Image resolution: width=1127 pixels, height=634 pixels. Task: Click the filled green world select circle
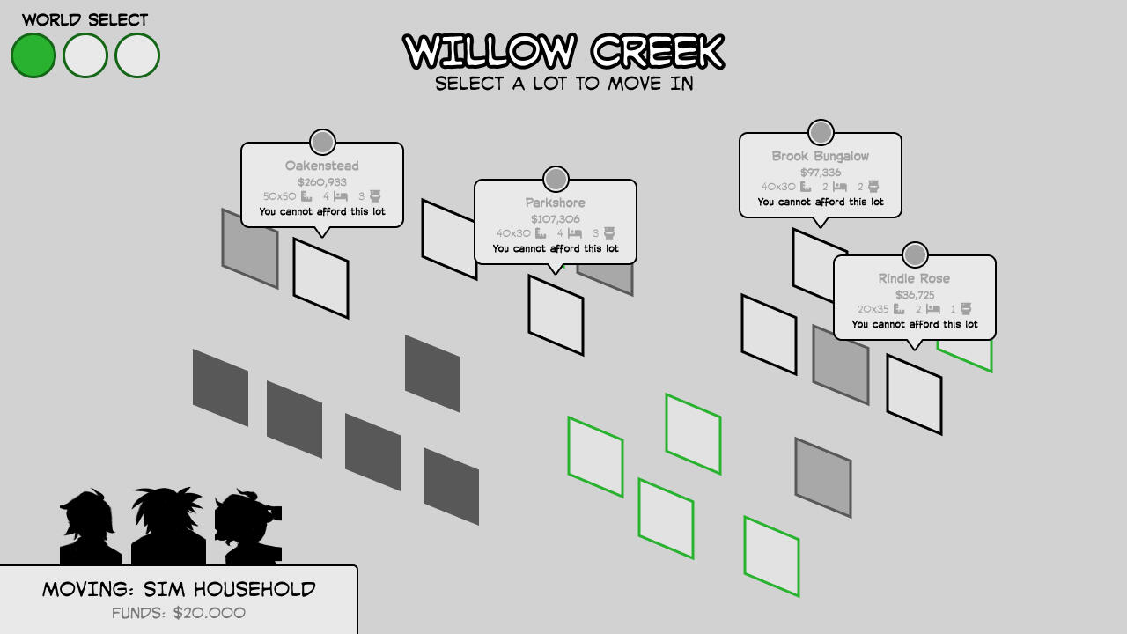(33, 55)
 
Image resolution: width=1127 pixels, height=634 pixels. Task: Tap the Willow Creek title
(563, 51)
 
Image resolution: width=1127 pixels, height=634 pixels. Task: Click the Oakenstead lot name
(322, 166)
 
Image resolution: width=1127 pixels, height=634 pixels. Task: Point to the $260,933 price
(322, 182)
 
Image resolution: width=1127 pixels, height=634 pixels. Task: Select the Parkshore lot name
(556, 203)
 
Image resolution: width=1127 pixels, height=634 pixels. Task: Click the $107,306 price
(556, 219)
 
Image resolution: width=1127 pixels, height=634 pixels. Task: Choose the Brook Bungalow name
(821, 157)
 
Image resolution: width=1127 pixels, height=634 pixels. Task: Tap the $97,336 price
(821, 173)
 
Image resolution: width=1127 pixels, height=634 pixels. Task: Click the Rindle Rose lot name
(914, 279)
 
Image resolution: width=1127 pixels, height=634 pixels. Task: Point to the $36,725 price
(915, 295)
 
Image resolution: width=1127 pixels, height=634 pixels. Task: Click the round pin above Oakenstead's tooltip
(322, 143)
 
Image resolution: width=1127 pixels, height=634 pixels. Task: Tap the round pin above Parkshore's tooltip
(556, 179)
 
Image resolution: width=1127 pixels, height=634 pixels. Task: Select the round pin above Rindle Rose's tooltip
(915, 255)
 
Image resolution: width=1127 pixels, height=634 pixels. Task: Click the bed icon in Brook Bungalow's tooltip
(839, 187)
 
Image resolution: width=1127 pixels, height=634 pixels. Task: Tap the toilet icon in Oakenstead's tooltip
(375, 195)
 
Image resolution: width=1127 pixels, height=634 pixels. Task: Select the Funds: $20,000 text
(179, 613)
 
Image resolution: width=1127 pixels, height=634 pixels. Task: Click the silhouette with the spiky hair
(168, 526)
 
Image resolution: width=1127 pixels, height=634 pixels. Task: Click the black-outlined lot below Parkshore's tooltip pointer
(556, 315)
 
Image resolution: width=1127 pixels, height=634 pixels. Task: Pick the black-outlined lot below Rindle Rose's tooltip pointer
(914, 394)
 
